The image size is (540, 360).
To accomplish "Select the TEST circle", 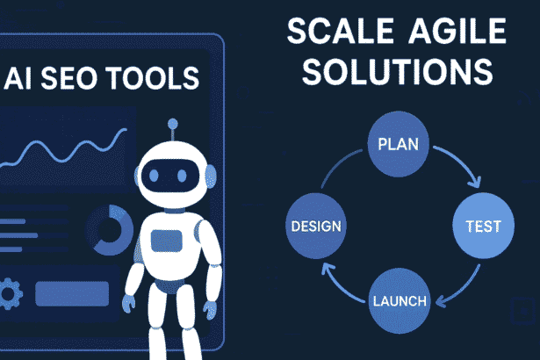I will tap(482, 226).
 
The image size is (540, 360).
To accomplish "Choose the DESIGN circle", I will tap(315, 225).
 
